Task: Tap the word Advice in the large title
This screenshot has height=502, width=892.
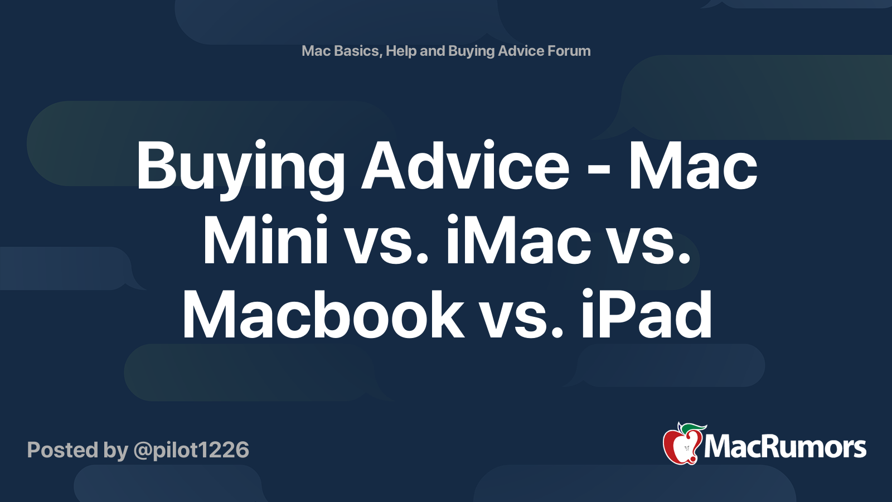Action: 466,166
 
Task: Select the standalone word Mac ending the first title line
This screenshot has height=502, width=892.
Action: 693,166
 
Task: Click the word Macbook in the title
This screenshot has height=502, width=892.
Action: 323,316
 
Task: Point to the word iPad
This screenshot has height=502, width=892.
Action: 646,316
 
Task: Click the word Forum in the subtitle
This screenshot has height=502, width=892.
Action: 569,51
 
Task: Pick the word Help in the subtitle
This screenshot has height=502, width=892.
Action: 401,51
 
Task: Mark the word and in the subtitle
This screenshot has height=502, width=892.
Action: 432,51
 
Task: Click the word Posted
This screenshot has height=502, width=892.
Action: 62,450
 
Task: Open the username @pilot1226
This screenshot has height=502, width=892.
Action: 191,450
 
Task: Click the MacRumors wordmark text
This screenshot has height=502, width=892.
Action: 785,447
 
